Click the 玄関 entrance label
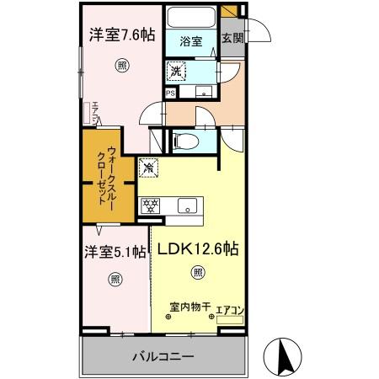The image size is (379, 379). point(232,39)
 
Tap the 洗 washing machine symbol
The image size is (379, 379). point(178,71)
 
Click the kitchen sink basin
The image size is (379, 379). point(186,205)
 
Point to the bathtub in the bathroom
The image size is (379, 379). point(190,18)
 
